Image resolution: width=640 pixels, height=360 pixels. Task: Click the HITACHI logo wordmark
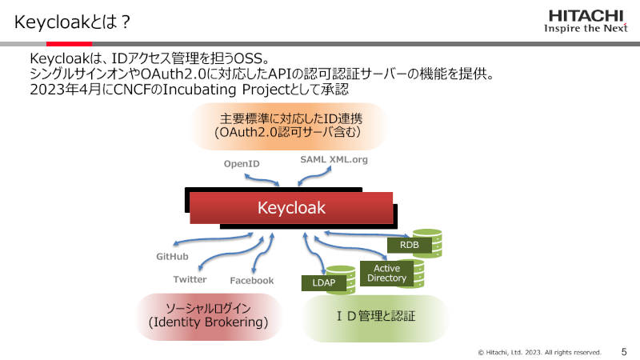pos(586,16)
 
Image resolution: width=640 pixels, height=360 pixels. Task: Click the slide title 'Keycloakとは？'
pos(72,22)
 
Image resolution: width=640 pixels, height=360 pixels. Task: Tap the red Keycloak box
pos(291,208)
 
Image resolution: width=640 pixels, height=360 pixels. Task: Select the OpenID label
pos(242,164)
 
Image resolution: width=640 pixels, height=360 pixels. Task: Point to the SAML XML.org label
pos(334,159)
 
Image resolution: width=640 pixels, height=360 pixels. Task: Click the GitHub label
pos(172,256)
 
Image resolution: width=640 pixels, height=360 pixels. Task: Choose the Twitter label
pos(190,279)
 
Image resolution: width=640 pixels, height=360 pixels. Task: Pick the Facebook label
pos(252,281)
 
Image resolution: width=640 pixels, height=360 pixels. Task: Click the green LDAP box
pos(324,283)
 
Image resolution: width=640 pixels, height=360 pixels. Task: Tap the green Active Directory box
pos(386,273)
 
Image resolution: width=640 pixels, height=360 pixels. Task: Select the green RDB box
pos(410,245)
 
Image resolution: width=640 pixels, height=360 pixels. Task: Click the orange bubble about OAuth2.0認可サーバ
pos(288,126)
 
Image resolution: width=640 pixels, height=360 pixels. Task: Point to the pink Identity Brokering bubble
pos(208,316)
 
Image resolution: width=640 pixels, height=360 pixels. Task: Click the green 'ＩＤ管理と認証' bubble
pos(375,318)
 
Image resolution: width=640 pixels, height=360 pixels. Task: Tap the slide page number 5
pos(624,352)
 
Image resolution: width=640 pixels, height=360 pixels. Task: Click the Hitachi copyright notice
pos(539,352)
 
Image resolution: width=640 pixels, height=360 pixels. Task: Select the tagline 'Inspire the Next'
pos(586,28)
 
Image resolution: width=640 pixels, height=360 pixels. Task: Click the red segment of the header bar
pos(69,44)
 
